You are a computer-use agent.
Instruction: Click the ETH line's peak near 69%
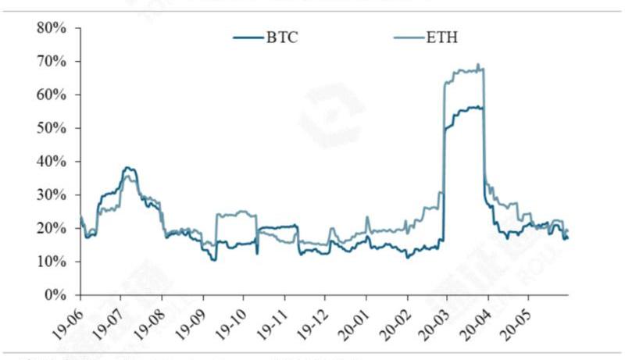point(478,64)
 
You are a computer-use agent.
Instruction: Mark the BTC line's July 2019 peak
point(127,167)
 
